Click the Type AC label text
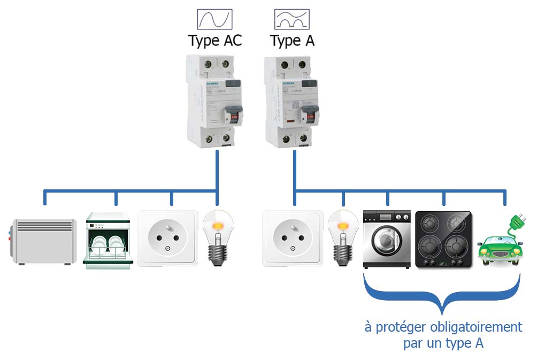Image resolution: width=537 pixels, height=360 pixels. [x=215, y=41]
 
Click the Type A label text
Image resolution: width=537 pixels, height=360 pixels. [x=292, y=41]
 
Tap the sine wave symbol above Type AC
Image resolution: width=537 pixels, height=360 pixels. [x=215, y=19]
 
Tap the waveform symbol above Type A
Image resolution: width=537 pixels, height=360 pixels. [x=292, y=19]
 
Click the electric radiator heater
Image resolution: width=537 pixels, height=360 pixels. [x=44, y=241]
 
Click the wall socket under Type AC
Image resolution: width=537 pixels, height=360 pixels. [x=167, y=238]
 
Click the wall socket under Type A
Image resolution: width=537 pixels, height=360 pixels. [x=293, y=238]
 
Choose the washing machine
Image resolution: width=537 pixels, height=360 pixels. [x=387, y=239]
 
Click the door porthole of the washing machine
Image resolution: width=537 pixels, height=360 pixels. [x=386, y=244]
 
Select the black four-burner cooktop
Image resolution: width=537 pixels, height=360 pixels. [x=443, y=239]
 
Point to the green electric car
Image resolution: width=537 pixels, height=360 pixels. [x=499, y=249]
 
